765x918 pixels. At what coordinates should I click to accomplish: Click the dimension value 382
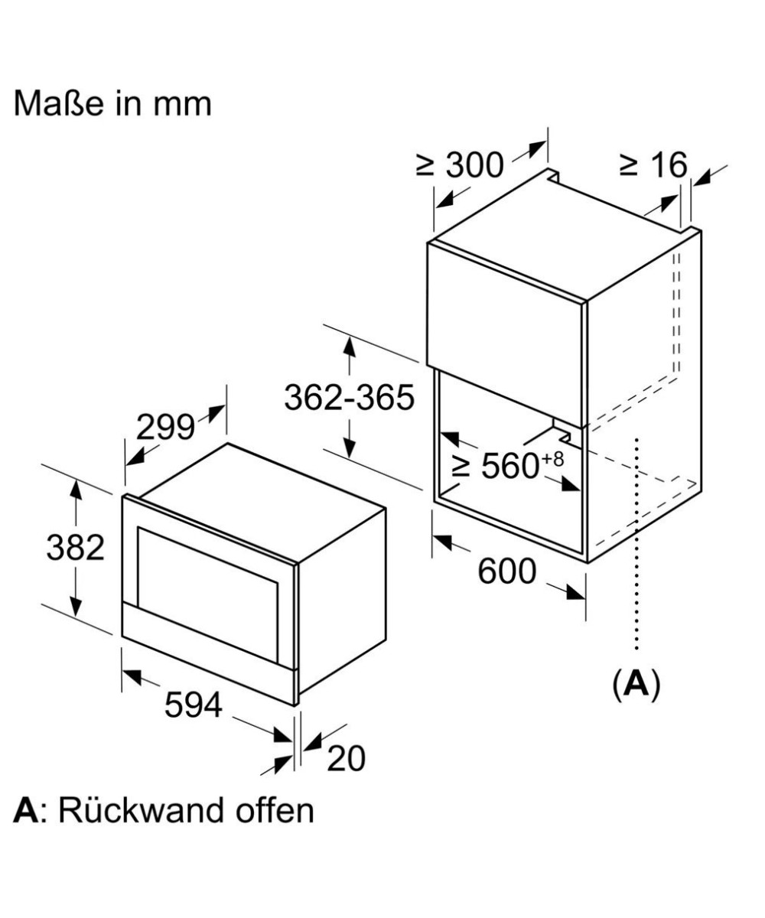tap(75, 548)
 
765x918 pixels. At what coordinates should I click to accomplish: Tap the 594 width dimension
tap(193, 705)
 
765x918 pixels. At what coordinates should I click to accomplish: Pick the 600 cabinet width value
tap(507, 571)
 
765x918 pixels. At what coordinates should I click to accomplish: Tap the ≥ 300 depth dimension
tap(460, 165)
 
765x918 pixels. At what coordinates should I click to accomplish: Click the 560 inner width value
tap(511, 467)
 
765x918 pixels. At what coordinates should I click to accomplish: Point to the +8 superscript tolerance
tap(555, 458)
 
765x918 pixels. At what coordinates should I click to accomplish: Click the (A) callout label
tap(636, 685)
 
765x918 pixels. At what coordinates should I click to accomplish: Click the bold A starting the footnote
tap(25, 810)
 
